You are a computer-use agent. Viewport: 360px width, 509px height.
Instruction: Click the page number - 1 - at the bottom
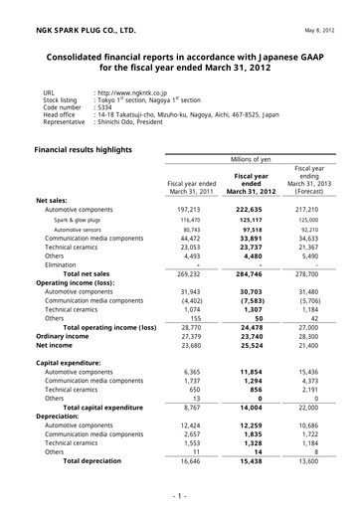click(179, 494)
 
